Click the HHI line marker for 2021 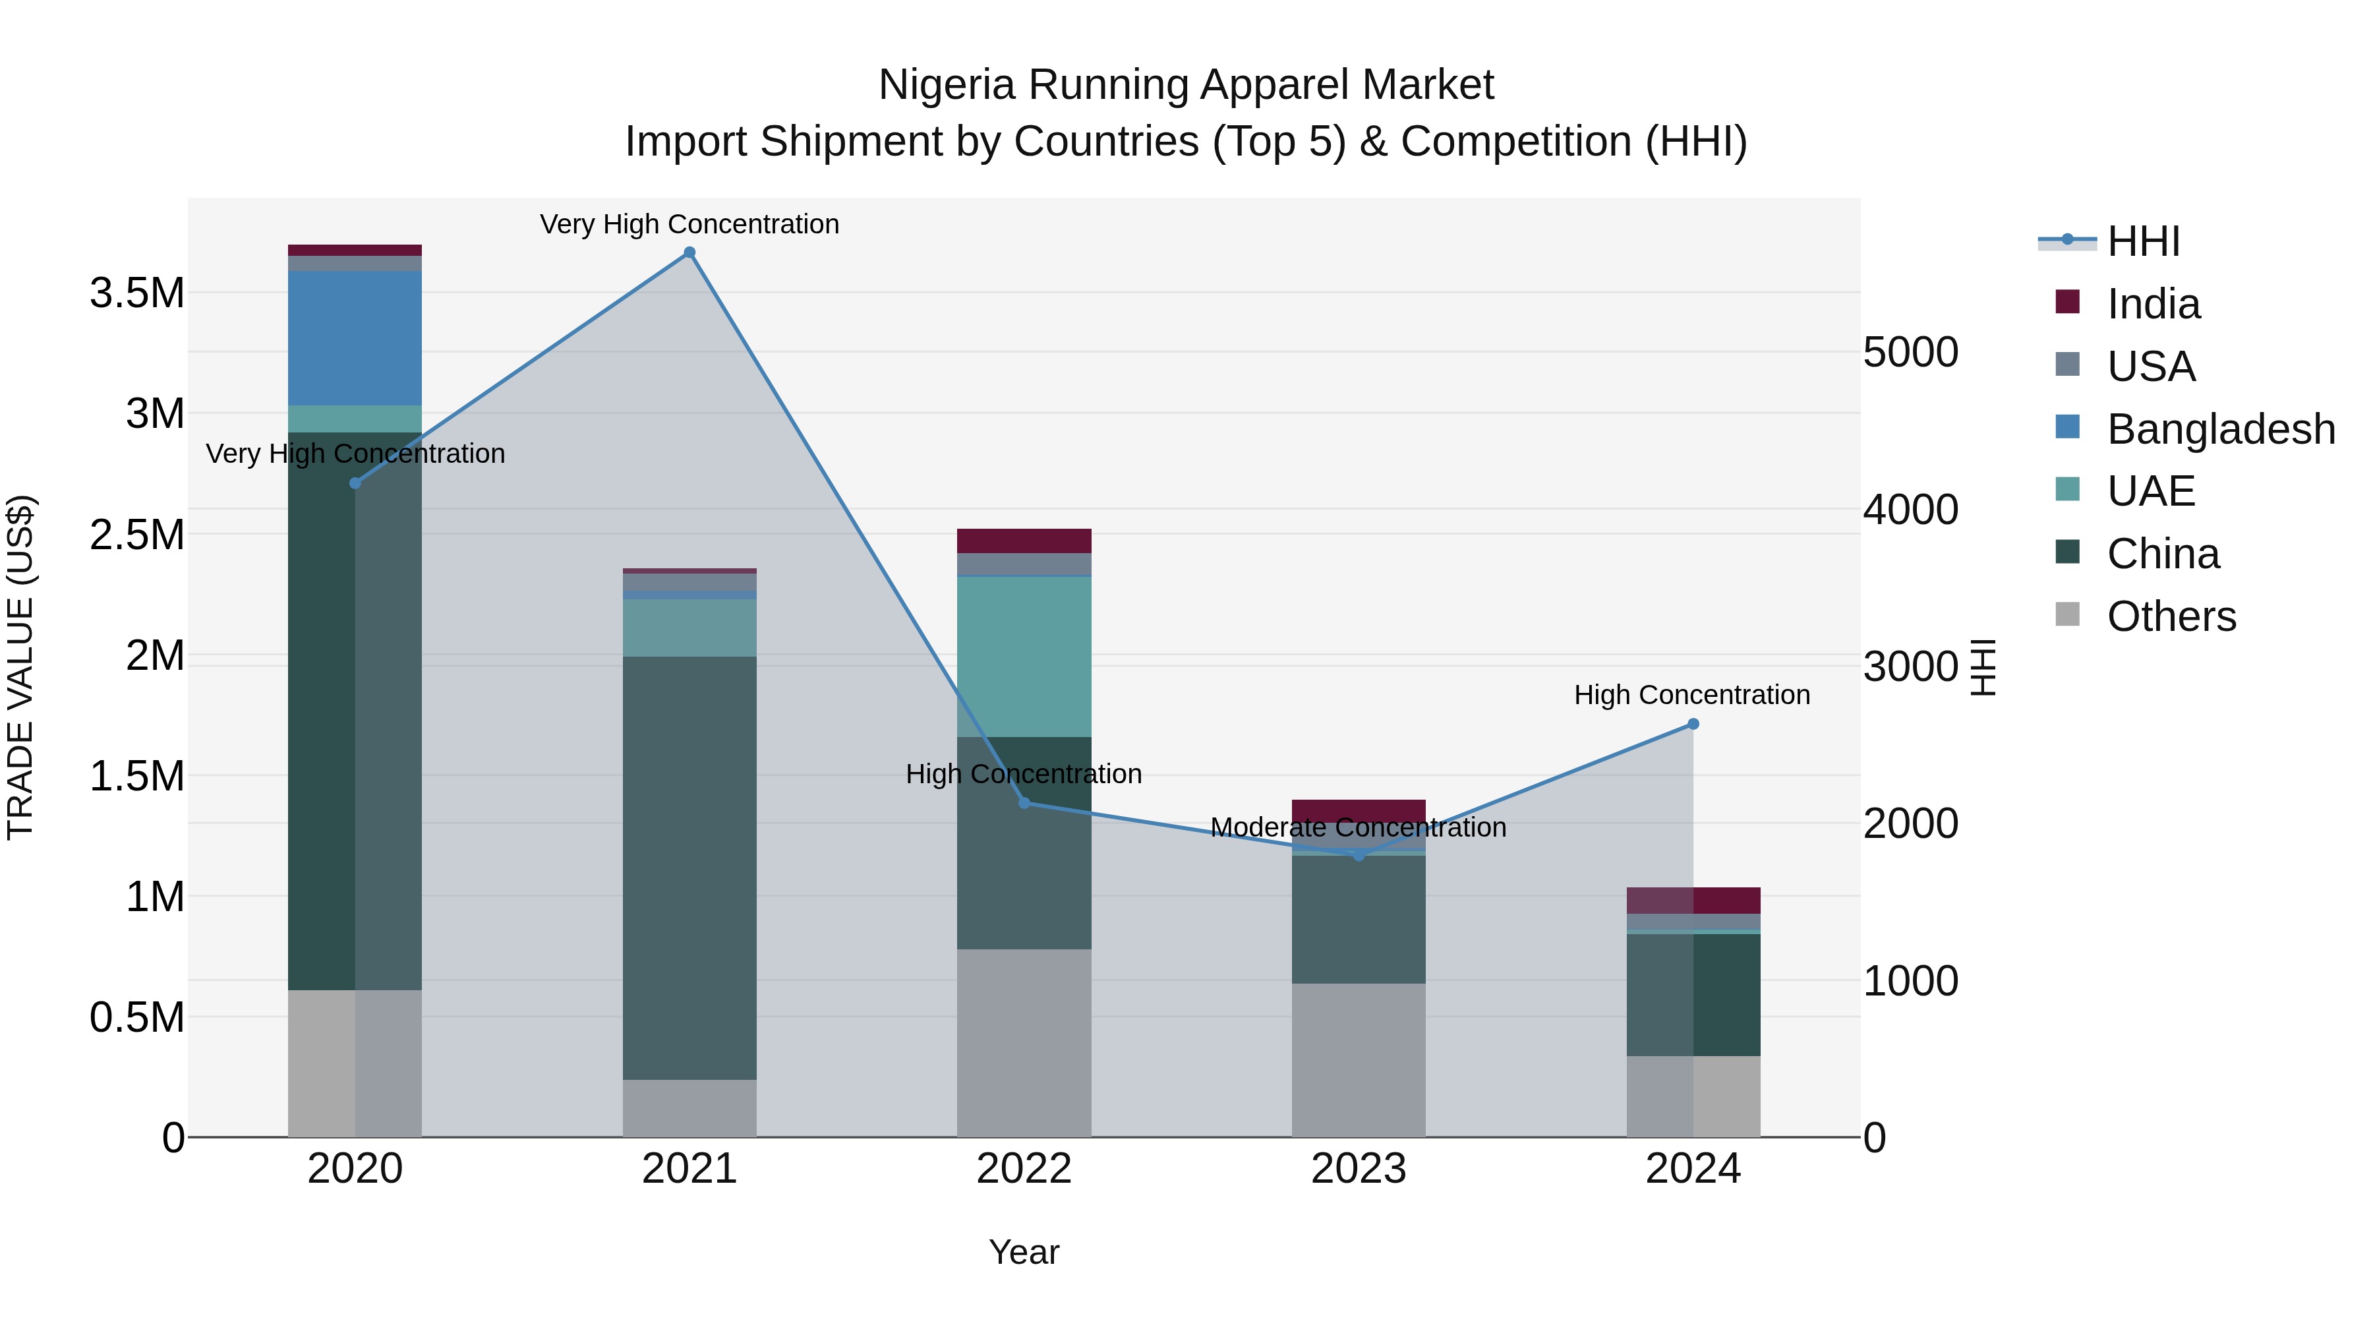[689, 252]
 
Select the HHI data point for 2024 [1692, 724]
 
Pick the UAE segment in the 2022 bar [1024, 656]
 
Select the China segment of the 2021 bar [689, 867]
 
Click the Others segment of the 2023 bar [1358, 1059]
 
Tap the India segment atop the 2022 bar [1024, 541]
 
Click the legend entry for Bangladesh [2220, 429]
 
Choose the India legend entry [2153, 304]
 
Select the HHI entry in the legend [2143, 241]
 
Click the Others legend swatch [2067, 614]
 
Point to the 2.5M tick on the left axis [137, 535]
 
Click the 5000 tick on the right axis [1910, 352]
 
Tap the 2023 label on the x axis [1358, 1169]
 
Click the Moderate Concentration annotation [1358, 827]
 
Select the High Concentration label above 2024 [1691, 695]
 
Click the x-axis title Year [1024, 1252]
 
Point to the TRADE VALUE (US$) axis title [20, 667]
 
